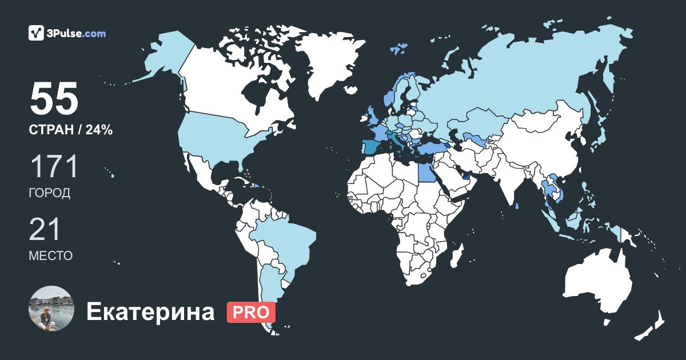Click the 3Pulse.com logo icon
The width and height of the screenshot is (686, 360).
(x=36, y=33)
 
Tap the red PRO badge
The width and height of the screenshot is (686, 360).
(x=251, y=312)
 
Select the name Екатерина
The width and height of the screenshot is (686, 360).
(x=150, y=312)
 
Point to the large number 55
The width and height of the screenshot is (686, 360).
(x=54, y=99)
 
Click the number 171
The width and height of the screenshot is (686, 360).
(x=53, y=167)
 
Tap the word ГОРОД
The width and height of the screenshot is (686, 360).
(x=50, y=193)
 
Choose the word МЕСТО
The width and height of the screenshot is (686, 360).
(x=51, y=256)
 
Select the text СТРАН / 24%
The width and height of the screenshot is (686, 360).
(x=70, y=130)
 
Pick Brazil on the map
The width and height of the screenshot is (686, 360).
(x=286, y=240)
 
